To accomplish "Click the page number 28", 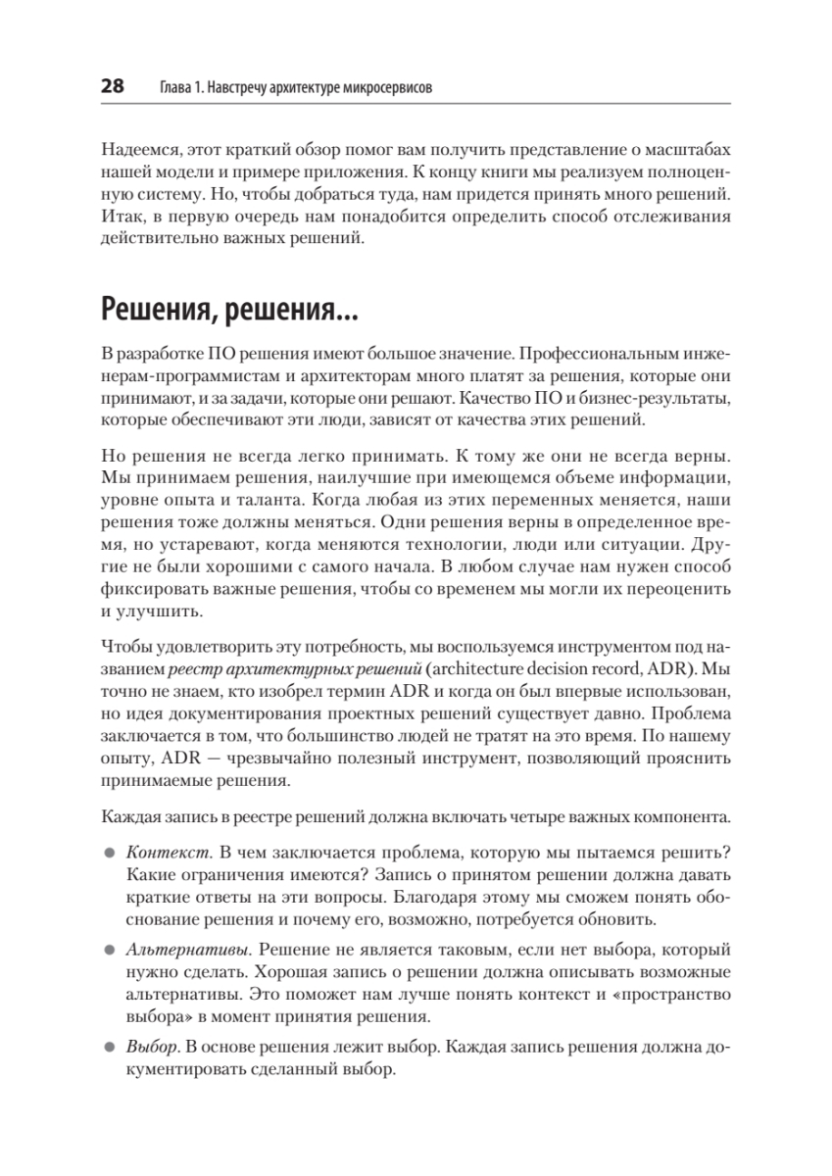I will tap(113, 87).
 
